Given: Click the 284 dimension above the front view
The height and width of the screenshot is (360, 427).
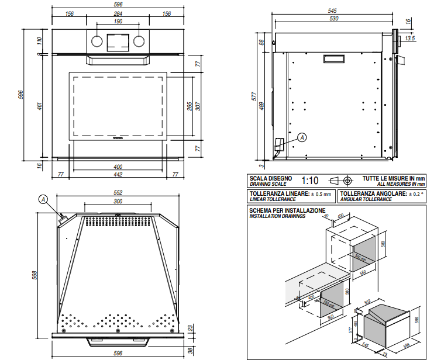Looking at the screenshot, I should click(118, 14).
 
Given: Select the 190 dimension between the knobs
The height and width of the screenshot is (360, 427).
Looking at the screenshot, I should click(118, 22).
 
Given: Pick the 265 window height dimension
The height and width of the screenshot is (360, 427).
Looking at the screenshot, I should click(190, 106).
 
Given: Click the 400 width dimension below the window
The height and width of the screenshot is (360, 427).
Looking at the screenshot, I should click(118, 167).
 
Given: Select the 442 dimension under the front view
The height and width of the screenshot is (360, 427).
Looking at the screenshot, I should click(118, 175).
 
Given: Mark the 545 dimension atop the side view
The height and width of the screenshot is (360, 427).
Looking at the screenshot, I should click(333, 11).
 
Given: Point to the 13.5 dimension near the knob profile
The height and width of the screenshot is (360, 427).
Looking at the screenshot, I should click(409, 38).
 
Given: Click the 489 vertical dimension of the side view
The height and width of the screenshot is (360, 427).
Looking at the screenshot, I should click(262, 106).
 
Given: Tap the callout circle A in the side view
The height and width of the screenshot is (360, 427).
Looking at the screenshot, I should click(302, 137).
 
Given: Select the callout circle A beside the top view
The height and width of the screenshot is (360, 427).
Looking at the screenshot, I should click(43, 199).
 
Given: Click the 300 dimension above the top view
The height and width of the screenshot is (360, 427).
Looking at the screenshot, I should click(118, 201).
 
